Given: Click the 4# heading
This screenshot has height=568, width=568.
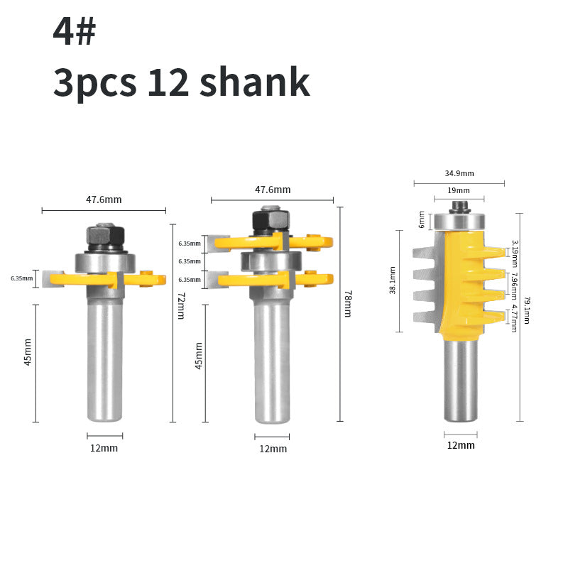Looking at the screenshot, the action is [x=75, y=31].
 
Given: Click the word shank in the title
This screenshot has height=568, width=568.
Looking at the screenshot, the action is [x=255, y=82].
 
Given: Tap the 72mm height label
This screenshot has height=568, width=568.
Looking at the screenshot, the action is [x=181, y=305].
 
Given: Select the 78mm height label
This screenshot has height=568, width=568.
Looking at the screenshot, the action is [x=347, y=304].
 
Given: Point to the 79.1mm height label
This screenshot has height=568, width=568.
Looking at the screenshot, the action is [x=527, y=310].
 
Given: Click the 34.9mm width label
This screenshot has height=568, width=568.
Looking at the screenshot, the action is [x=459, y=173].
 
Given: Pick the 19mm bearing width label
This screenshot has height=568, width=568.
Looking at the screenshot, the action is [x=459, y=190].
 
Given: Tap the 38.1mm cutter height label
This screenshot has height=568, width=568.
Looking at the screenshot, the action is [x=393, y=280].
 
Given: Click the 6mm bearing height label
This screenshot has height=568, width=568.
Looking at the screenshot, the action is [x=421, y=219].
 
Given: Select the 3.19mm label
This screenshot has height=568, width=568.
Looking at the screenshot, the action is [x=514, y=253].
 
